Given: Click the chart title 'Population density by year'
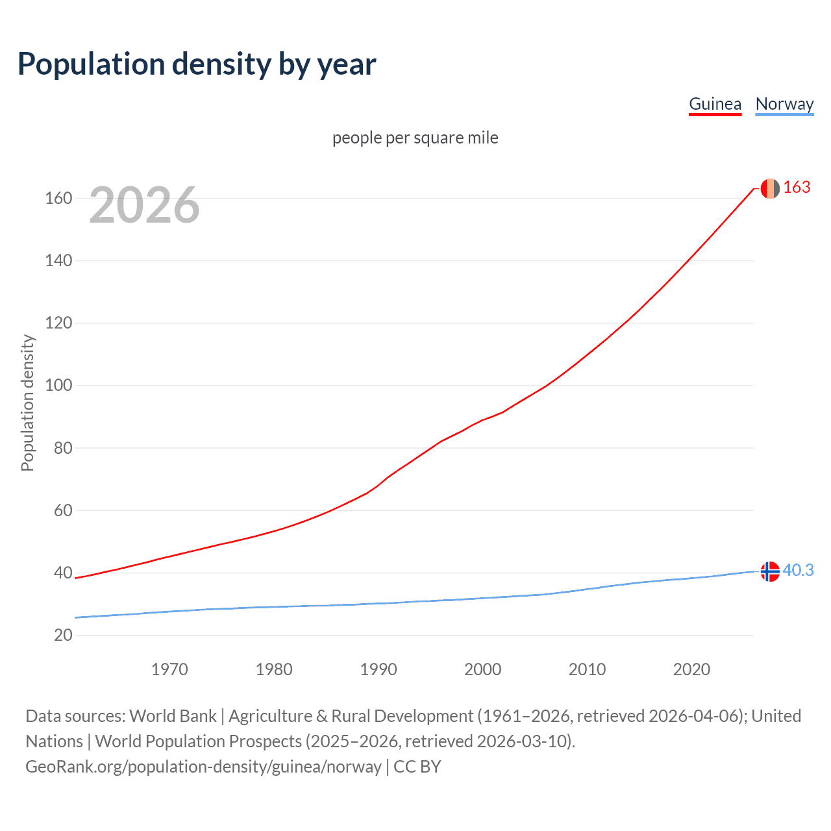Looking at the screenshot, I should (x=197, y=64).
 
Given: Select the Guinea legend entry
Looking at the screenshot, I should (x=715, y=104).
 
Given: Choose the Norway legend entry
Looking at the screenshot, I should (x=784, y=104).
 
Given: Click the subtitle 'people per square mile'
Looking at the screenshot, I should (x=415, y=138).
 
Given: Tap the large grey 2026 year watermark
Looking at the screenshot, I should (x=144, y=205).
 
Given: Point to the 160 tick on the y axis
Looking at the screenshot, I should (x=58, y=198).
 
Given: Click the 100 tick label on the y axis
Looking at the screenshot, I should (x=58, y=386).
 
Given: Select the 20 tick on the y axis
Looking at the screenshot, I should (x=63, y=635).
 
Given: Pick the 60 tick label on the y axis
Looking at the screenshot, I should (x=63, y=510).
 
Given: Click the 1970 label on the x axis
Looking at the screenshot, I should (x=169, y=669).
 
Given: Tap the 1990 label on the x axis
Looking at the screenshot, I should (x=378, y=669).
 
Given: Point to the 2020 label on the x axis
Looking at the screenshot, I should (x=691, y=669).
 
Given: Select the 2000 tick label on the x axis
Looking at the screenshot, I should (x=483, y=669).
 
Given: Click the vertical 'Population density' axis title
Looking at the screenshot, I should (x=27, y=403).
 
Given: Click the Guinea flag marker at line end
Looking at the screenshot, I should (x=769, y=188).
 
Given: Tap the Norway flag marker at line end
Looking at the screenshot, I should (x=769, y=571).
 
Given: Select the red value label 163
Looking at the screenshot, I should (x=797, y=188).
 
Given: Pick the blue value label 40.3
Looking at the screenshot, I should (x=798, y=570).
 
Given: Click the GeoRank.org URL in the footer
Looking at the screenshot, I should (x=203, y=767).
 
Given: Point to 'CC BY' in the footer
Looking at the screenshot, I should (x=417, y=767).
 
